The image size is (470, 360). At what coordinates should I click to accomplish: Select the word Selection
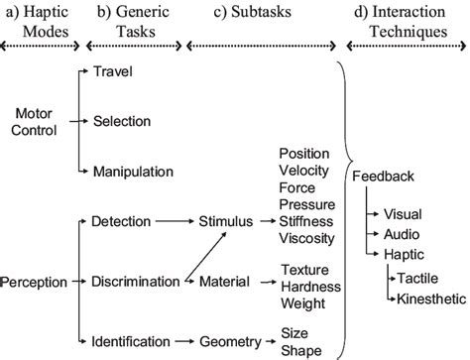pos(121,120)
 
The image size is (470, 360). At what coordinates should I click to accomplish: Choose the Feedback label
pos(383,177)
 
